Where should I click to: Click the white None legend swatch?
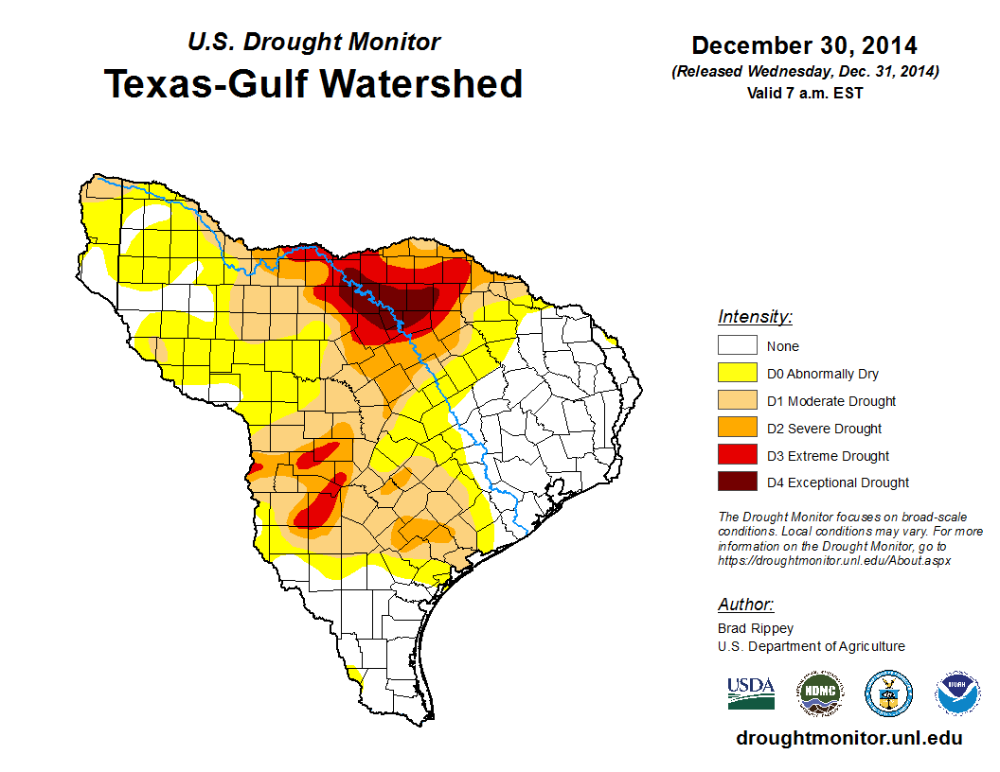[737, 346]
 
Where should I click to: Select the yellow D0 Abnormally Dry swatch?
[737, 374]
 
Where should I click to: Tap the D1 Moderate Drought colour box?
[737, 401]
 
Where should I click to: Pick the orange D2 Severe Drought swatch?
[737, 429]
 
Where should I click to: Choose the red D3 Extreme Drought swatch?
[737, 456]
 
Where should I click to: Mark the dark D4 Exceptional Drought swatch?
[737, 482]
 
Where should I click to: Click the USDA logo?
[751, 693]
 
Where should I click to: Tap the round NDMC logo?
[818, 693]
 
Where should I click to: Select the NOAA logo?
[958, 693]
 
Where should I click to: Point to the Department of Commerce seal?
[888, 693]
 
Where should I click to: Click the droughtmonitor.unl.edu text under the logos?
[848, 738]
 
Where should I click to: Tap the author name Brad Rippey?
[756, 628]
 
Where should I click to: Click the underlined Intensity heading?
[755, 317]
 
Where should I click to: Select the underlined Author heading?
[746, 605]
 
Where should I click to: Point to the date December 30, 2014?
[804, 45]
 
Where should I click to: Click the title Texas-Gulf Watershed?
[313, 83]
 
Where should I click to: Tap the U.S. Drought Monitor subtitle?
[313, 43]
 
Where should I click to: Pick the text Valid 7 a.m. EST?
[804, 93]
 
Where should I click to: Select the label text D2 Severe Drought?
[824, 429]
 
